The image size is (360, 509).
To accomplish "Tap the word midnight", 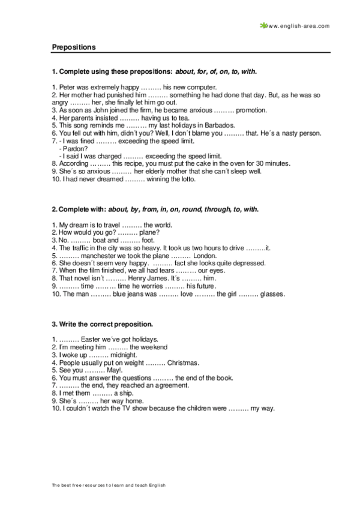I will (122, 355).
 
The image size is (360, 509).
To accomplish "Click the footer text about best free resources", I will (108, 484).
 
